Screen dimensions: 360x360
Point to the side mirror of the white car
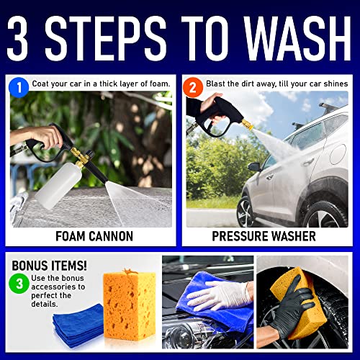click(x=254, y=166)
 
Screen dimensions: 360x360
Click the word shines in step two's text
click(x=333, y=84)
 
